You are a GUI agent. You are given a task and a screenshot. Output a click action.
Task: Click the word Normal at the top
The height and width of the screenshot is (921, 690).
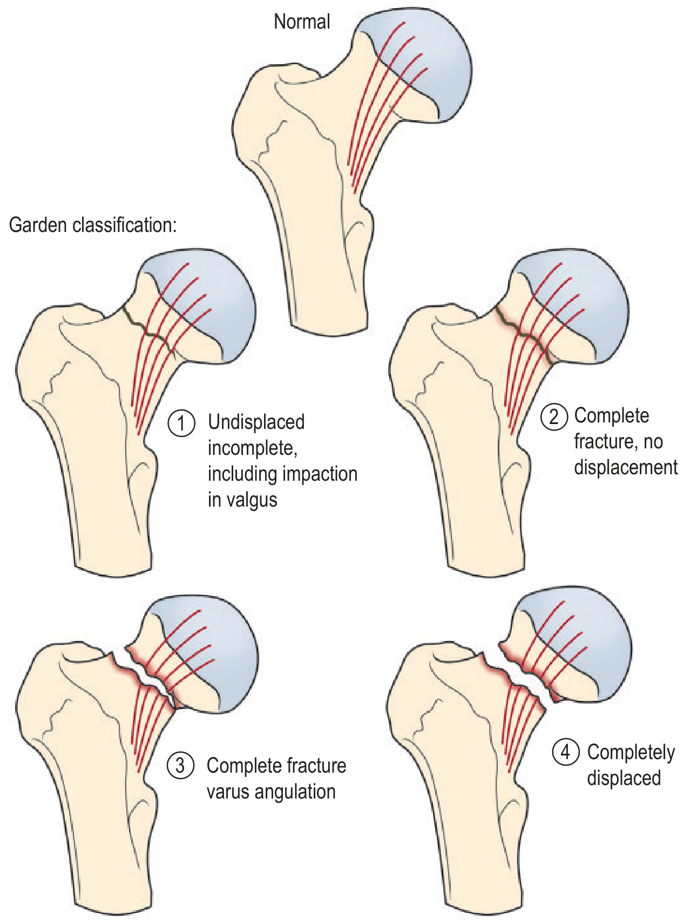(302, 22)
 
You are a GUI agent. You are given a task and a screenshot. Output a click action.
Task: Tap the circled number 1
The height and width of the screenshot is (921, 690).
(181, 422)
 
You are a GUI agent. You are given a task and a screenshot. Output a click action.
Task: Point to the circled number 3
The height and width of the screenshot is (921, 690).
(180, 766)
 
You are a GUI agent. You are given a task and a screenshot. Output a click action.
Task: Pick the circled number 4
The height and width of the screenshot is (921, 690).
(565, 752)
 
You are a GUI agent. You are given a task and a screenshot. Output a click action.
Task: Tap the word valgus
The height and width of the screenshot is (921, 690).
(252, 500)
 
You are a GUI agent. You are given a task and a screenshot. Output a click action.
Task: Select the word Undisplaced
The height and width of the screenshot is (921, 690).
(256, 422)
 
